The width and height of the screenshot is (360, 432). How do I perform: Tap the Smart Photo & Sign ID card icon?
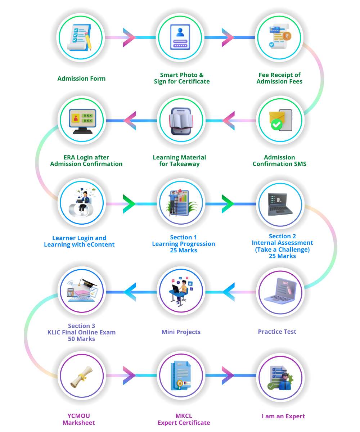[180, 37]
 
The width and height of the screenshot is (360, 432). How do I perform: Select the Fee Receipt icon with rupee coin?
[279, 37]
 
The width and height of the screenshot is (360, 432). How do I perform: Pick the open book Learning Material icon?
[181, 120]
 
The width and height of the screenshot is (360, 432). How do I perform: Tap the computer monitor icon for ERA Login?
[82, 120]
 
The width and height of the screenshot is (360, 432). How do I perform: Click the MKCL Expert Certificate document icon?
[181, 377]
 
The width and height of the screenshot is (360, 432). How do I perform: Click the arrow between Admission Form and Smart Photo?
[129, 37]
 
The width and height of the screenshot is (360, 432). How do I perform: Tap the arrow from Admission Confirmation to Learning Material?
[229, 120]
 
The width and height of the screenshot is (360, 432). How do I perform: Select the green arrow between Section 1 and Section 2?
[228, 204]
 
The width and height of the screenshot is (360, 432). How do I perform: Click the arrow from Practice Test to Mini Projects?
[229, 292]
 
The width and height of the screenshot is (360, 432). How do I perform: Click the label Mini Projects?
[181, 332]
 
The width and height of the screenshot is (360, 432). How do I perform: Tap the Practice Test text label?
[277, 332]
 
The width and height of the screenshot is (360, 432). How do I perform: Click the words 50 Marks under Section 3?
[81, 339]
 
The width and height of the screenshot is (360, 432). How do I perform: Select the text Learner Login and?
[79, 238]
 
